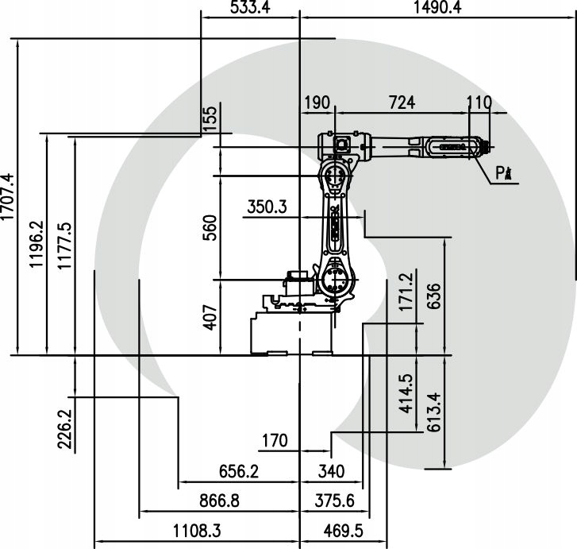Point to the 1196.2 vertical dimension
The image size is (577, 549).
[x=37, y=246]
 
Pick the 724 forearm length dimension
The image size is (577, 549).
[x=402, y=103]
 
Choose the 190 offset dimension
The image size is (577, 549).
[x=316, y=103]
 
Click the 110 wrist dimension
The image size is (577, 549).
[x=479, y=103]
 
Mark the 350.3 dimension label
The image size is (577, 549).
[x=266, y=207]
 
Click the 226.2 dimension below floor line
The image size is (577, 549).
[x=65, y=428]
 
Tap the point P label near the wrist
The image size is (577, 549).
[x=502, y=172]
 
